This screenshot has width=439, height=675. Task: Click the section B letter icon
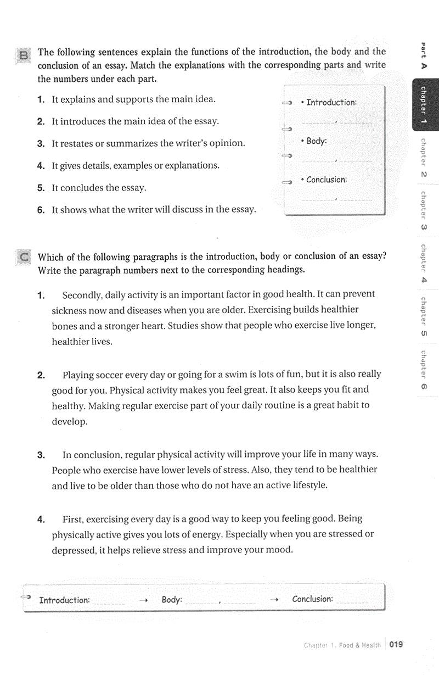tap(24, 55)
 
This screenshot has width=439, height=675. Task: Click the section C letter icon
tap(24, 257)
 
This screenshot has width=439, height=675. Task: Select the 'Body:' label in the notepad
tap(316, 141)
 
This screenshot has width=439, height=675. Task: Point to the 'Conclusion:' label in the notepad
tap(327, 180)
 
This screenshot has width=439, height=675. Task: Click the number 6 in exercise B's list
tap(41, 209)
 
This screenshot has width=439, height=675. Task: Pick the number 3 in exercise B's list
tap(41, 143)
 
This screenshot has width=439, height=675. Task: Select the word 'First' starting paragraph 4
tap(72, 518)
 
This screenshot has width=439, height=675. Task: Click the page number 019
tap(396, 644)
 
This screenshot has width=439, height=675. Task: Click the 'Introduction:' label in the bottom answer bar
tap(64, 600)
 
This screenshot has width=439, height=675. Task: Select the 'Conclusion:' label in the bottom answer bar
tap(312, 599)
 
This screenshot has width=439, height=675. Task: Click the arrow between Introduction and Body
tap(144, 600)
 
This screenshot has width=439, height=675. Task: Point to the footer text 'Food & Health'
tap(359, 645)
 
